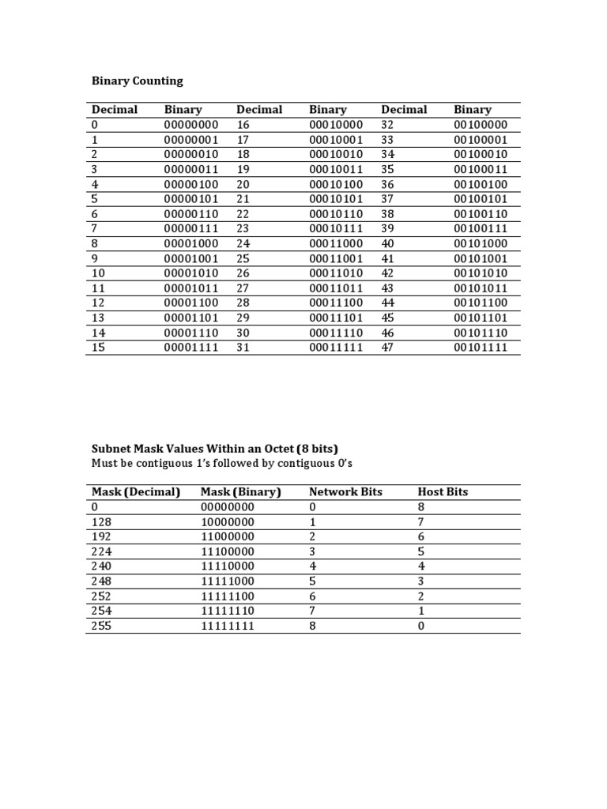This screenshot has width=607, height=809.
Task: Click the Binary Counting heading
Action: [137, 81]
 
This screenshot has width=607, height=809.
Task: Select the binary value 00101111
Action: [481, 348]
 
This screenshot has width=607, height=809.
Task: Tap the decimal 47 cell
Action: [387, 348]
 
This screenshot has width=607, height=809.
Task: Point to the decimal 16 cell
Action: [243, 125]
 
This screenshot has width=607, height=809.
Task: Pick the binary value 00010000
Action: [336, 125]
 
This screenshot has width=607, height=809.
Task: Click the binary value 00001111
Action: [190, 348]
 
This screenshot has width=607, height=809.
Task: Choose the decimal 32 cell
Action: [387, 125]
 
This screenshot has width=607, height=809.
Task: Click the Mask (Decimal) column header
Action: [136, 491]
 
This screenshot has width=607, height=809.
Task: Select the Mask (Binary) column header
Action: [241, 491]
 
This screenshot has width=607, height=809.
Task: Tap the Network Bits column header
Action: [345, 491]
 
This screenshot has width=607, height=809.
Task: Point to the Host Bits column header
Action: [443, 491]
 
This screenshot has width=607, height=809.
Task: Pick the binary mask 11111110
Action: [228, 611]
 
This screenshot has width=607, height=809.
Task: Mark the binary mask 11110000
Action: [228, 566]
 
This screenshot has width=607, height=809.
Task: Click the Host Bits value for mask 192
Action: [421, 536]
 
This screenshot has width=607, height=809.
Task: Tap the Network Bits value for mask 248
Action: [312, 581]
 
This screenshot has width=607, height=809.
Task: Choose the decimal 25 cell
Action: [243, 258]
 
